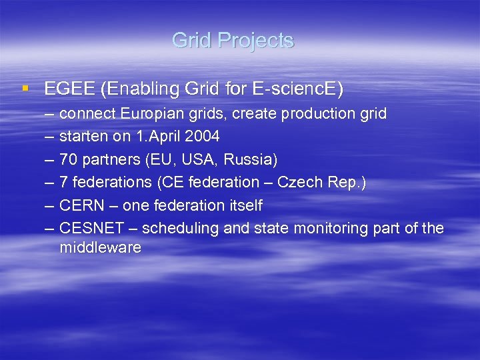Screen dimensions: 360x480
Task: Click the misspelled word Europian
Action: [x=149, y=114]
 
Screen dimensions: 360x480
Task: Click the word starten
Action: [x=83, y=137]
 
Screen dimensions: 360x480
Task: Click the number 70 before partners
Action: [x=68, y=159]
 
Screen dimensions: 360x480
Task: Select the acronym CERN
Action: [x=80, y=205]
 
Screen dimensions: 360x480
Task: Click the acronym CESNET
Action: [x=91, y=228]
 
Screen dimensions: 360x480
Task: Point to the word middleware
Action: [x=100, y=248]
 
